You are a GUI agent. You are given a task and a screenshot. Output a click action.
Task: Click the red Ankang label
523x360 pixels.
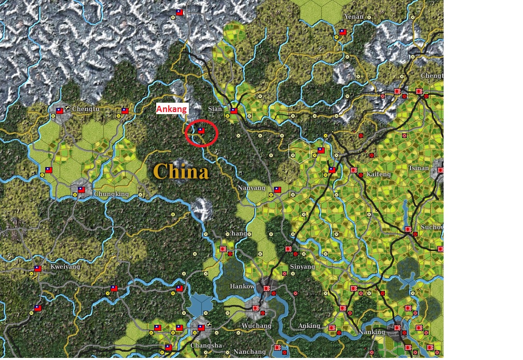[172, 109]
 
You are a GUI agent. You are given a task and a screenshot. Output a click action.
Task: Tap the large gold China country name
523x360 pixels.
[181, 172]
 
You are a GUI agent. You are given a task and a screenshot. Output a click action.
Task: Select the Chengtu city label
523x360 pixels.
[85, 109]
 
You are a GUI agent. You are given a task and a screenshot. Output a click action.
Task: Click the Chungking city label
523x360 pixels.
[111, 194]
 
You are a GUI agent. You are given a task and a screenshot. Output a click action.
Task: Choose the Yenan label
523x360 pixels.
[354, 17]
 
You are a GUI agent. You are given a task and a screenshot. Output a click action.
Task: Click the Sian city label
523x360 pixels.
[215, 109]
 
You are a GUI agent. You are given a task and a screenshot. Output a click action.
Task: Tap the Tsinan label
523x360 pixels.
[419, 168]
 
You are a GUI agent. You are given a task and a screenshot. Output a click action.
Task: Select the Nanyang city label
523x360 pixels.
[251, 188]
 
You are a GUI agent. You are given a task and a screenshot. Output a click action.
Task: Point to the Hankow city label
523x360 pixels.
[242, 286]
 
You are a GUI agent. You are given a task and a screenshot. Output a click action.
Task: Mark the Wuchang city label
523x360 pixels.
[256, 326]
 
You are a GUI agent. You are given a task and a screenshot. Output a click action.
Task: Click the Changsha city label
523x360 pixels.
[206, 345]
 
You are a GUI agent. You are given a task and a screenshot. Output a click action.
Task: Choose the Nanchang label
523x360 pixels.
[250, 352]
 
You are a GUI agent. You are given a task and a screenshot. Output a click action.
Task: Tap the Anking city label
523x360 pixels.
[309, 326]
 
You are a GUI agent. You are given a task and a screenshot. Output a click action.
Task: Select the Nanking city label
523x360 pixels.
[372, 332]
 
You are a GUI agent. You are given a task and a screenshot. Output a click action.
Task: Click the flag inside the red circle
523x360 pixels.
[201, 131]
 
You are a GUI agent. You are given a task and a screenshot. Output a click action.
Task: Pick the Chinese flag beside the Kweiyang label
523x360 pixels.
[38, 269]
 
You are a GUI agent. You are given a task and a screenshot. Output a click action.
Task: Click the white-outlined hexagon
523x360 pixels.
[299, 150]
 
